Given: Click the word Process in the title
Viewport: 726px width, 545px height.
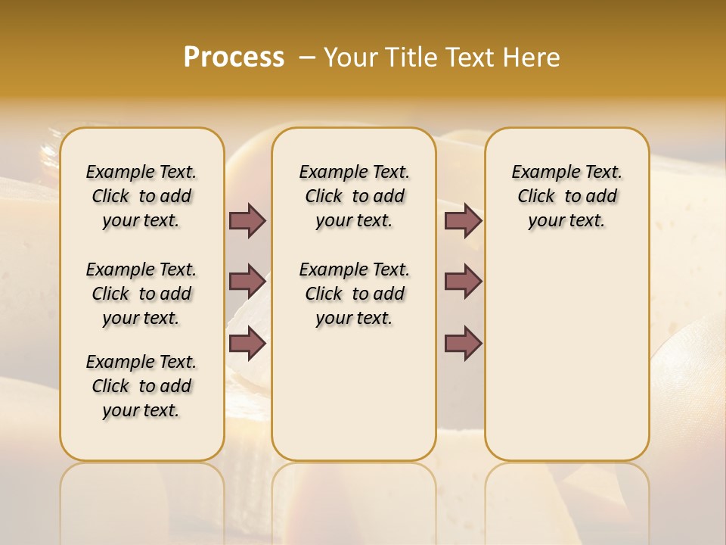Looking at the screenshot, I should coord(234,57).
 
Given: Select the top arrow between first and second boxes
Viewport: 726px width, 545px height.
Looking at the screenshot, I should coord(247,220).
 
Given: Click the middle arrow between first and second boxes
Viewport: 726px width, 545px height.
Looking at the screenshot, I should coord(247,282).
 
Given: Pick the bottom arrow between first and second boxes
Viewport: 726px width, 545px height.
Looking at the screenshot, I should coord(247,344).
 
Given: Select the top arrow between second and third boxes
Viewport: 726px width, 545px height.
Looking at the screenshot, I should coord(463,220).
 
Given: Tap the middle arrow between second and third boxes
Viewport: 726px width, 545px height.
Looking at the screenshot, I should coord(463,282).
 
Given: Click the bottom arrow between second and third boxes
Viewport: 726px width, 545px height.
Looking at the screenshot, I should coord(463,344).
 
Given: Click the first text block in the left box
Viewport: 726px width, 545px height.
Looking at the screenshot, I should coord(141,196).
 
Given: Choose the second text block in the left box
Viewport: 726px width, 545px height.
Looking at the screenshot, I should coord(141,294).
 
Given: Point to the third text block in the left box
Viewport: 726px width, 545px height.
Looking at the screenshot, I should coord(141,386).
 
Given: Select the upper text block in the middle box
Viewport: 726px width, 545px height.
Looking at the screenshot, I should coord(355,196).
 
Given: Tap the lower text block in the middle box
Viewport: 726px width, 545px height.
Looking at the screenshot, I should coord(355,294).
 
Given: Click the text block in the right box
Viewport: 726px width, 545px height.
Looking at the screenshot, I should coord(567,196).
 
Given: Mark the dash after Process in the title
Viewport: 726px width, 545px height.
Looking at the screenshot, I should coord(307,57).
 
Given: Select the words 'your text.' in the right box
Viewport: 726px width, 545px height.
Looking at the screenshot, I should coord(567,221).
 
